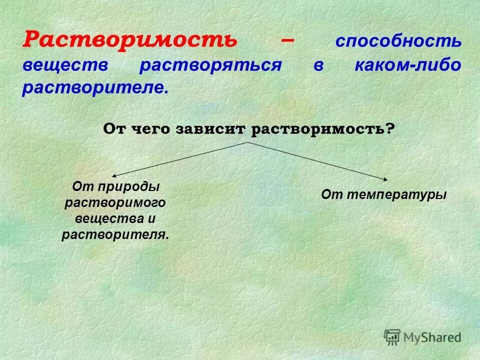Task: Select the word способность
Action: click(x=398, y=41)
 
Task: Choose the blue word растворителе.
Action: click(x=92, y=88)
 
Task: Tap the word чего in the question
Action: click(x=152, y=129)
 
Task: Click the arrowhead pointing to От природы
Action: click(x=113, y=175)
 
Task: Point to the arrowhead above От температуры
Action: click(x=387, y=178)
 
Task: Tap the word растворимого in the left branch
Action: click(x=115, y=202)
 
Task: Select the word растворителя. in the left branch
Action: click(x=115, y=234)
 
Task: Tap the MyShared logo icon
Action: click(x=393, y=338)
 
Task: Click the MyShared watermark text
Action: click(x=432, y=338)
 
